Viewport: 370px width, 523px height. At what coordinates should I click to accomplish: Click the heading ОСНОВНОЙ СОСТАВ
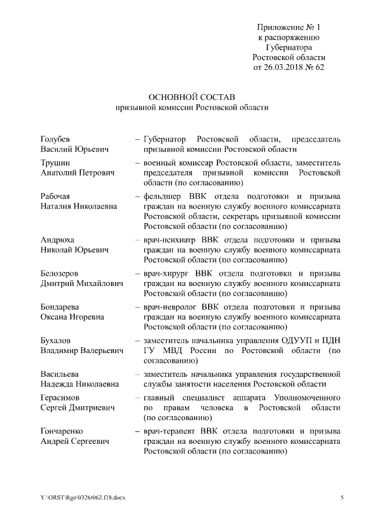pyautogui.click(x=192, y=96)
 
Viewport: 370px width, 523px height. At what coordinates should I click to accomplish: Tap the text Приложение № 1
pyautogui.click(x=288, y=27)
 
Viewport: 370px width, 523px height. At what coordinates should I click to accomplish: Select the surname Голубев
pyautogui.click(x=55, y=139)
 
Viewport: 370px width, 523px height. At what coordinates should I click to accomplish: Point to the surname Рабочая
pyautogui.click(x=57, y=196)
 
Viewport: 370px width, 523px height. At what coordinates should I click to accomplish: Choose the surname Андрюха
pyautogui.click(x=57, y=239)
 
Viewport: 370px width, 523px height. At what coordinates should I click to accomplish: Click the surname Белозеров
pyautogui.click(x=60, y=273)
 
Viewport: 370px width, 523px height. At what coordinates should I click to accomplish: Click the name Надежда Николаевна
pyautogui.click(x=80, y=383)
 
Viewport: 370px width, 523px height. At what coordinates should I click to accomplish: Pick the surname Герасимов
pyautogui.click(x=61, y=398)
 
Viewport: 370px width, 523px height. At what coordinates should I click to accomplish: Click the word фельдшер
pyautogui.click(x=167, y=196)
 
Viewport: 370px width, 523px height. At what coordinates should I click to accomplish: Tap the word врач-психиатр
pyautogui.click(x=172, y=239)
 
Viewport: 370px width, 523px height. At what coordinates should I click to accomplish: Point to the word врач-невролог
pyautogui.click(x=171, y=306)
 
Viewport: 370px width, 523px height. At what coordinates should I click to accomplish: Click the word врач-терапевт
pyautogui.click(x=171, y=431)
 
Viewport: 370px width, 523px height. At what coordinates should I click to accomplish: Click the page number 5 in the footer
pyautogui.click(x=342, y=498)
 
